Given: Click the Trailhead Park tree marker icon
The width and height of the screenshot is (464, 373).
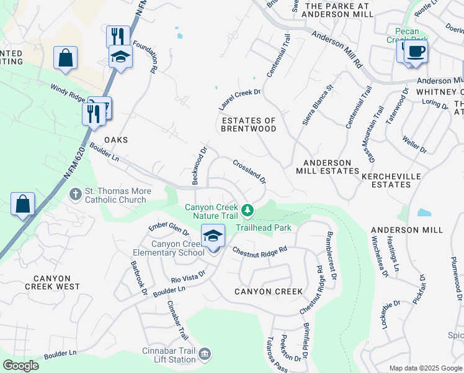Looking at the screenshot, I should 248,211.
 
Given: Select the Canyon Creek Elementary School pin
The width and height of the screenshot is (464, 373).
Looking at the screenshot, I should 213,236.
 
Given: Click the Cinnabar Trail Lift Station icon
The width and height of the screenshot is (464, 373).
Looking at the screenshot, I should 205,355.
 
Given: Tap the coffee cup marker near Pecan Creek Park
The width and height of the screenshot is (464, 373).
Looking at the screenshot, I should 416,52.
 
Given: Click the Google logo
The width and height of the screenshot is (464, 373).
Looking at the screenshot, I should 20,366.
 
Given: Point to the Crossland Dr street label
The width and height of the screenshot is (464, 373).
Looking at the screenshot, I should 249,172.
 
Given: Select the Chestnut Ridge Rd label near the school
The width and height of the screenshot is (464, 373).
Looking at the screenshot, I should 259,250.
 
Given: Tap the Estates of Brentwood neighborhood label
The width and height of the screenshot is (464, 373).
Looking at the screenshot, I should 248,124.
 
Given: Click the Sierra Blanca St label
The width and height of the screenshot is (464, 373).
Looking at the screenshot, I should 318,105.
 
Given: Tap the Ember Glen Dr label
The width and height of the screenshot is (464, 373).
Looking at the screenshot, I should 169,229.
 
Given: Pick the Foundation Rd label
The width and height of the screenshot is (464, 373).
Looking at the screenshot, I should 154,59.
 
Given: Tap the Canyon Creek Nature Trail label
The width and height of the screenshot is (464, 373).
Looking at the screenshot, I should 211,211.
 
